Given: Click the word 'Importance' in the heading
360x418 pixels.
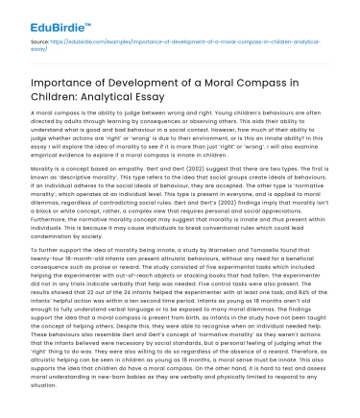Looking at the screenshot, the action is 66,76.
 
